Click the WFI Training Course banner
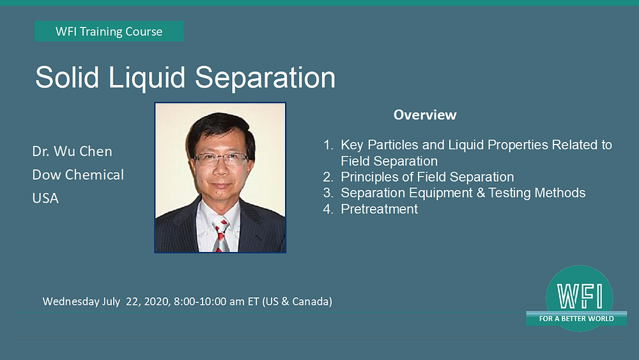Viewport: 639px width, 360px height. (x=109, y=31)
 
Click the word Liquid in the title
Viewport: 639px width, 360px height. (x=147, y=78)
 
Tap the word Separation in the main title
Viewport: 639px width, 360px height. (x=265, y=78)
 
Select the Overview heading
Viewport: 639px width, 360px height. (x=425, y=115)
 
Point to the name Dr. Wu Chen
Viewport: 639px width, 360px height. (x=72, y=152)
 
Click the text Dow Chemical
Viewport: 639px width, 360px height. (x=78, y=175)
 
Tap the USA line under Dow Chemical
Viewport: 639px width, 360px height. (x=45, y=198)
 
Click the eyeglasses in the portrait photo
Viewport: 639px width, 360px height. (x=221, y=158)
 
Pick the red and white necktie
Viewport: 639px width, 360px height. (x=220, y=234)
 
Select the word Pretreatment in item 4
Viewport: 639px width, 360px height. (x=380, y=208)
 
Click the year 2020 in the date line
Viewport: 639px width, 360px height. (x=156, y=302)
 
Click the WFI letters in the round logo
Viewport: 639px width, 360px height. (x=580, y=297)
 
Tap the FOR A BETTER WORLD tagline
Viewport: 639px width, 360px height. (x=576, y=319)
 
